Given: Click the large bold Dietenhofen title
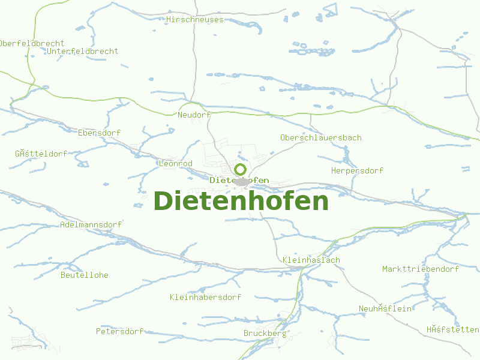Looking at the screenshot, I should click(241, 201).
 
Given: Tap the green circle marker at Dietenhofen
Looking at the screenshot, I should click(241, 169).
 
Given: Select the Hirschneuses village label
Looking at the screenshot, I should click(194, 20).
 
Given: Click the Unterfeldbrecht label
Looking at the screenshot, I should click(82, 52).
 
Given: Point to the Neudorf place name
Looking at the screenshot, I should click(195, 115).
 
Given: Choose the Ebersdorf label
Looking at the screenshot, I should click(99, 133).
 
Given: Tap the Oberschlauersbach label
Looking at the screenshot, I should click(320, 138).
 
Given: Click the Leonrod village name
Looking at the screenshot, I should click(175, 164).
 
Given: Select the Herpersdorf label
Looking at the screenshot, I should click(357, 171).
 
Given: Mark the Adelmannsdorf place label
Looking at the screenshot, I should click(91, 225).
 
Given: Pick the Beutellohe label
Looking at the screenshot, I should click(85, 275).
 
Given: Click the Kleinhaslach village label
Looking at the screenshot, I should click(311, 260).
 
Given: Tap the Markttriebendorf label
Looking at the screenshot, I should click(421, 269).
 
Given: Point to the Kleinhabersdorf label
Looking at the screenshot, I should click(205, 298).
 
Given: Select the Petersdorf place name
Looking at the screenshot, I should click(120, 331).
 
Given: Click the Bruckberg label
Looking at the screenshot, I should click(265, 334).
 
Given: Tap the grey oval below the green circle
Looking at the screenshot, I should click(242, 181).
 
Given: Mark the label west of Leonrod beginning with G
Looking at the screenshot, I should click(41, 154).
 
